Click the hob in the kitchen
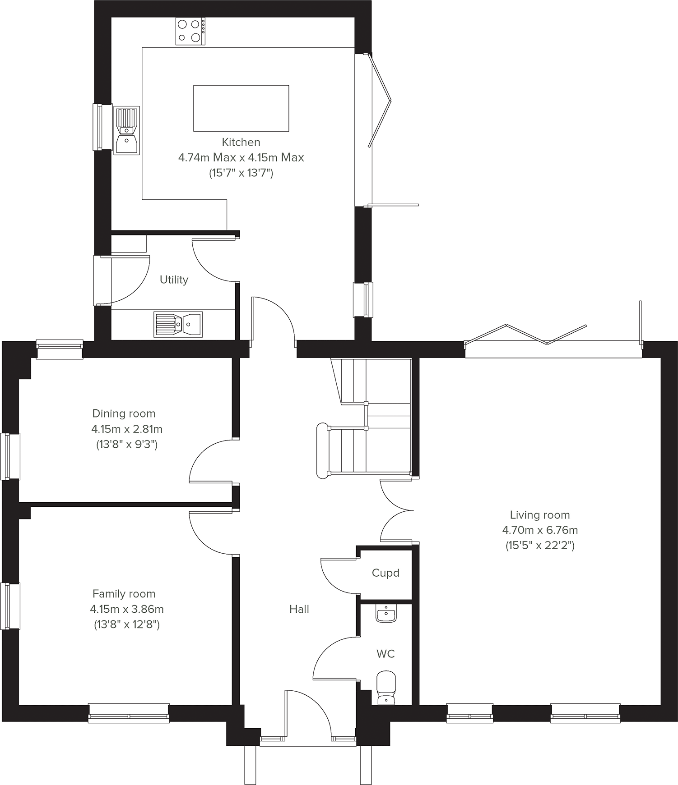[x=190, y=31]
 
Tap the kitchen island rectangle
[x=241, y=108]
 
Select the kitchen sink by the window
[x=126, y=131]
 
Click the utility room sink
[x=178, y=324]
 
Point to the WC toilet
[x=386, y=688]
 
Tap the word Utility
[x=174, y=280]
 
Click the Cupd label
[x=385, y=573]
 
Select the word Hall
[x=299, y=609]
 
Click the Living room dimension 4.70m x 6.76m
[x=540, y=530]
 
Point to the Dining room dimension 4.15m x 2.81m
[x=127, y=429]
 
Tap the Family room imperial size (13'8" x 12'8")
[x=127, y=624]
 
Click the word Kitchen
[x=241, y=142]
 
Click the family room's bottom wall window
[x=129, y=713]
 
